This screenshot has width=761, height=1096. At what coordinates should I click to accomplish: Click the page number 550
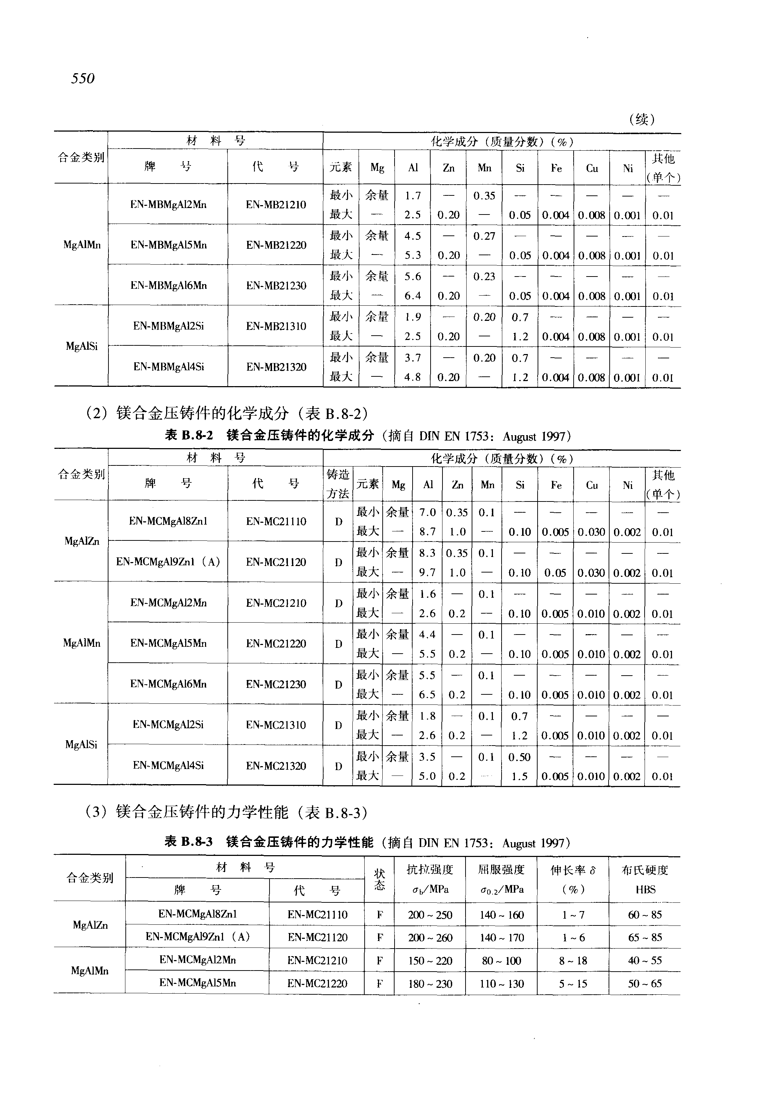pos(83,78)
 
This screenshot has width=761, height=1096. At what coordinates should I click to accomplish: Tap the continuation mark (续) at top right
pos(642,119)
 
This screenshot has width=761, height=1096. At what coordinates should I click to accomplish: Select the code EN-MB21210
pos(276,205)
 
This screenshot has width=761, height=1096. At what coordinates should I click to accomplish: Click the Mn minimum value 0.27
pos(484,236)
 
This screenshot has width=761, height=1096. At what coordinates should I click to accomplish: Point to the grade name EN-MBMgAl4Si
pos(168,367)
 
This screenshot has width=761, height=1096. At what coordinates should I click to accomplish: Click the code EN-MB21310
pos(276,326)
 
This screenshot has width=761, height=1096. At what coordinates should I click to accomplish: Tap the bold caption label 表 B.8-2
pos(189,436)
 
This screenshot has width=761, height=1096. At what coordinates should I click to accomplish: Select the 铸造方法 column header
pos(338,484)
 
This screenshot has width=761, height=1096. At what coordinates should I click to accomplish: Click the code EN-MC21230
pos(276,684)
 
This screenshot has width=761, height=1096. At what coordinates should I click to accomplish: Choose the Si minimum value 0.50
pos(519,757)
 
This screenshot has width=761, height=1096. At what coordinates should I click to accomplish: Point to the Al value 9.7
pos(427,573)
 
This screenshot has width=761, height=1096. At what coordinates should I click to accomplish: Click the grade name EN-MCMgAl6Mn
pos(168,684)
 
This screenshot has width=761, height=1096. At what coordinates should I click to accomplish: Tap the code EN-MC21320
pos(276,766)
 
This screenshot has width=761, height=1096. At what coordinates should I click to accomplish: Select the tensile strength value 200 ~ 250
pos(430,915)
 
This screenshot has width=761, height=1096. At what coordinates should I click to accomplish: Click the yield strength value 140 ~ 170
pos(502,938)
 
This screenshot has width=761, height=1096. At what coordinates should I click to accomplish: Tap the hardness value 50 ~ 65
pos(645,984)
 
